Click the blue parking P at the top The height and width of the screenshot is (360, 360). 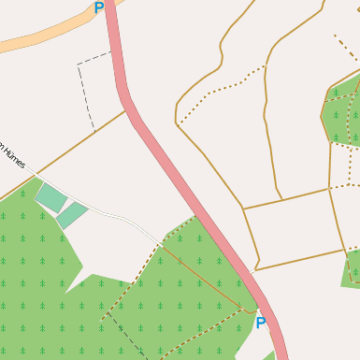(99, 8)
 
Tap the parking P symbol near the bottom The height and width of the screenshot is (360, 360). (261, 324)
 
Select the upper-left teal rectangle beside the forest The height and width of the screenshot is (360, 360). (51, 197)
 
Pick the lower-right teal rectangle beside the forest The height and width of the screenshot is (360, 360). (72, 215)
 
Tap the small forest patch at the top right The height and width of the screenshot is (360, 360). (341, 112)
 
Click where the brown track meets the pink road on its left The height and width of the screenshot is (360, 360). (126, 112)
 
